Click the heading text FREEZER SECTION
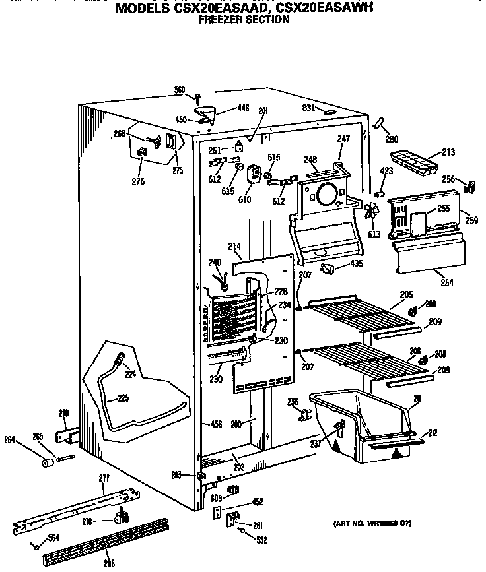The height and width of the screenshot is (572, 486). tap(244, 20)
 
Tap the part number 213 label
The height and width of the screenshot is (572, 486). tap(448, 152)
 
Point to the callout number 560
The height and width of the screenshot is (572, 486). tap(180, 90)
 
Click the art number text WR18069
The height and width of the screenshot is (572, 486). tap(383, 523)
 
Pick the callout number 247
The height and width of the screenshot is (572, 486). tap(343, 139)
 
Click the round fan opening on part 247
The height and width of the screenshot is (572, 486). tap(325, 195)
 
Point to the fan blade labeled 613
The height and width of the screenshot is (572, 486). tap(371, 212)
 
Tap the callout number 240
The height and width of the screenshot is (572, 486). tap(215, 261)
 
